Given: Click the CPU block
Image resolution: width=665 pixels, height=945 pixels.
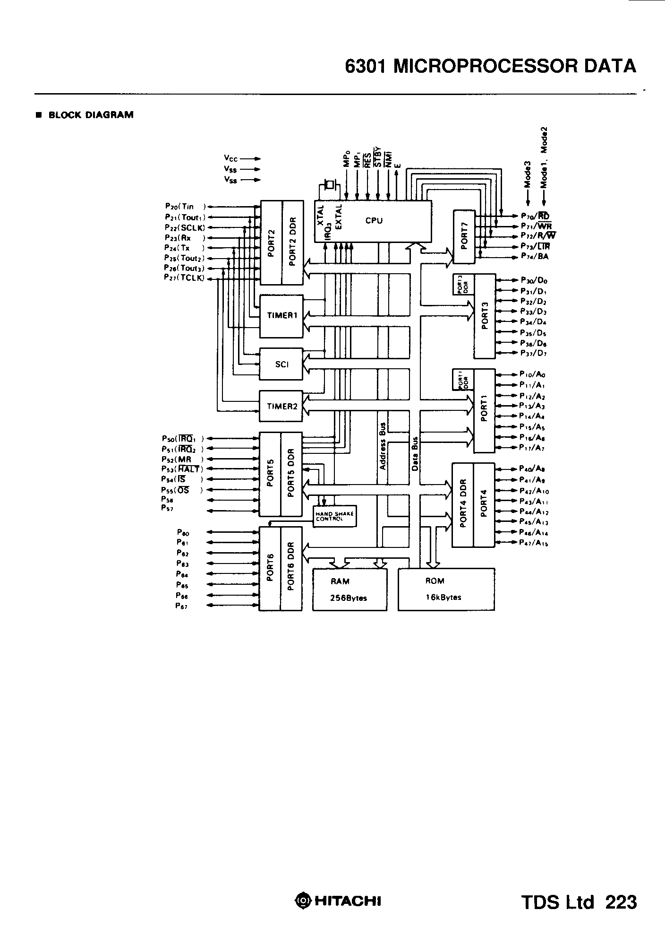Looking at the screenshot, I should (373, 221).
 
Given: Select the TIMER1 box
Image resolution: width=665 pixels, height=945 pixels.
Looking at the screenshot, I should (281, 316).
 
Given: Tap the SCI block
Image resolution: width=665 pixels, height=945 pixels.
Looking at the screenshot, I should (281, 364).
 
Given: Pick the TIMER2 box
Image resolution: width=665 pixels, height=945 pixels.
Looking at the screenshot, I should (281, 406).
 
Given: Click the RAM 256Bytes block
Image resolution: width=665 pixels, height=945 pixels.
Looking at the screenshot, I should (350, 589).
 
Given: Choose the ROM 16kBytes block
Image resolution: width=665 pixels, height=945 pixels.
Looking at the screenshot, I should (446, 589).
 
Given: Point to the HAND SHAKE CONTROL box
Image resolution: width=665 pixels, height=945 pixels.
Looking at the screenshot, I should (334, 516).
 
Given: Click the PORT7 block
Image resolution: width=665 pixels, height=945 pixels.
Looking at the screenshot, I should (464, 237).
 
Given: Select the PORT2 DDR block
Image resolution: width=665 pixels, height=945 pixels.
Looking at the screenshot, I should (292, 242).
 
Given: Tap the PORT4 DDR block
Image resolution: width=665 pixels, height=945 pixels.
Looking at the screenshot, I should (463, 505).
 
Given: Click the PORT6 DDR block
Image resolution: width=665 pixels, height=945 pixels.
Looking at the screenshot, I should (291, 568).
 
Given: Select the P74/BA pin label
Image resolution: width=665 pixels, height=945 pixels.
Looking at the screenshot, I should (535, 257).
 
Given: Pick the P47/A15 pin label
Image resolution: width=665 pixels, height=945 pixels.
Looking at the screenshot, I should (534, 543).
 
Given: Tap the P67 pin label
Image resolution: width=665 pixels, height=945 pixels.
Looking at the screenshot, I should (182, 606).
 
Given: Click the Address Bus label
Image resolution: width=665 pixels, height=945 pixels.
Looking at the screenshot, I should (383, 446).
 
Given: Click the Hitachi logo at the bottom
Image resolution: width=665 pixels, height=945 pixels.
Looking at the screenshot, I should (338, 901).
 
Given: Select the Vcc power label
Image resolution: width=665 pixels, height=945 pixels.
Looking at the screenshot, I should (231, 159).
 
